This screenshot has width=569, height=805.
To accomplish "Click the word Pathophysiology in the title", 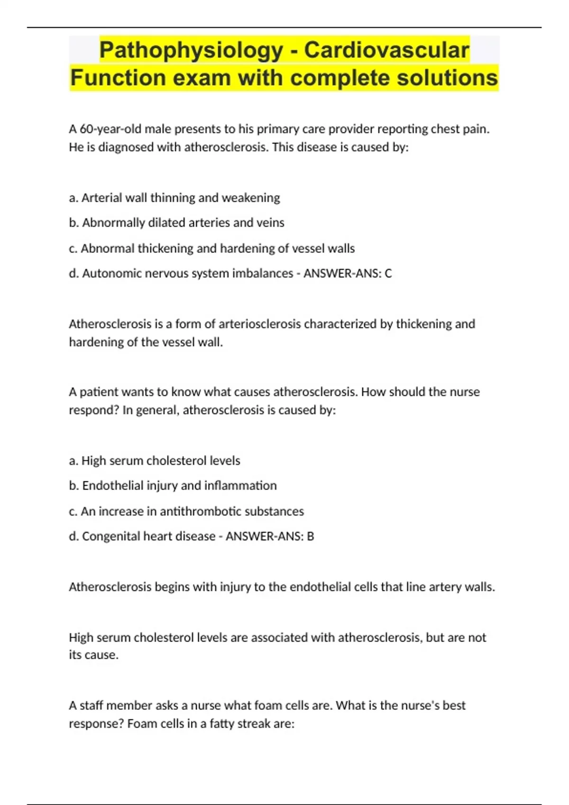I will (x=191, y=50).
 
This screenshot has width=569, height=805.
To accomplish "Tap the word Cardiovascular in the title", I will (x=386, y=50).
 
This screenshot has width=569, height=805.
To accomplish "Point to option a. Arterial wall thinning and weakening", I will (x=174, y=197).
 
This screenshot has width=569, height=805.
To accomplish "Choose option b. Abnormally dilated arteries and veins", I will (x=176, y=223).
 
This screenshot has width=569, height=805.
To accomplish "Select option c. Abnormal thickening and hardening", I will (x=211, y=248).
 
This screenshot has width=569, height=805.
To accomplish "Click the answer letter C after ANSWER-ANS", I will (x=388, y=273).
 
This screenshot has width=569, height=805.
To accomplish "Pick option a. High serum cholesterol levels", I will (x=154, y=460).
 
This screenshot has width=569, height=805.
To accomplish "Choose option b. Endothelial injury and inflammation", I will (x=173, y=485).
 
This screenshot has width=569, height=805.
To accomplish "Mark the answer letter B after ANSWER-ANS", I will (x=311, y=536).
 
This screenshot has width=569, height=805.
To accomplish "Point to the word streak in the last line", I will (x=254, y=724).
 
